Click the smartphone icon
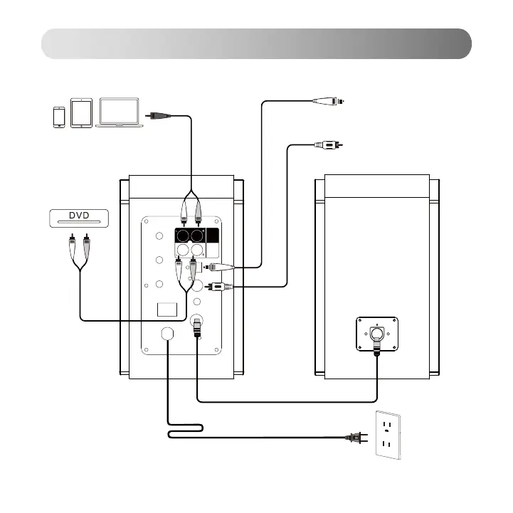(59, 117)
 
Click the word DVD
(79, 216)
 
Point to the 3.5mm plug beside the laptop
(158, 114)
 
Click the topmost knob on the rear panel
(157, 237)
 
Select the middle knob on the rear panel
(157, 262)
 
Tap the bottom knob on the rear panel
(157, 285)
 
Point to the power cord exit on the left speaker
(168, 334)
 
